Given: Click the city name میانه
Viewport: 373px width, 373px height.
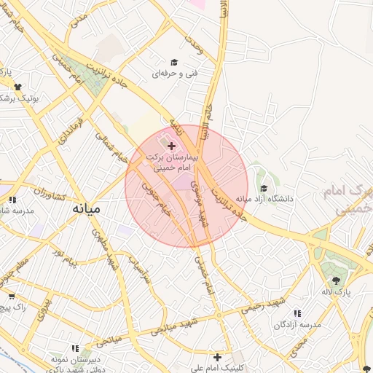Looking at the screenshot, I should point(86,209).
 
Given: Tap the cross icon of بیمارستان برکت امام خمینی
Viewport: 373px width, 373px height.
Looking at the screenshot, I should point(171,147).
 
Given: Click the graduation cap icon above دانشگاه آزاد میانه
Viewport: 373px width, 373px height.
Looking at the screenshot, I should point(263,189).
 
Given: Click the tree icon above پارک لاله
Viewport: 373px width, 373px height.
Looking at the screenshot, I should point(336,280).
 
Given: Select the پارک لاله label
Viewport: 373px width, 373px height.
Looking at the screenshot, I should point(338,292).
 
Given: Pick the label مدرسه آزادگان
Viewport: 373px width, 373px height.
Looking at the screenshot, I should point(297,324).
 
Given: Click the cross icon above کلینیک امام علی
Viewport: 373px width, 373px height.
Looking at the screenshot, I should point(217,357).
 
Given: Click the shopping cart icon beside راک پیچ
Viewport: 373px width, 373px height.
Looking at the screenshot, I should point(12,297).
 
